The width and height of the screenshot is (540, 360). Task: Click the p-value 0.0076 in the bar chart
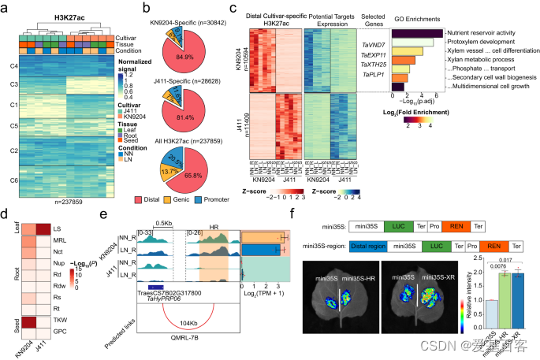[x=495, y=265]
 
